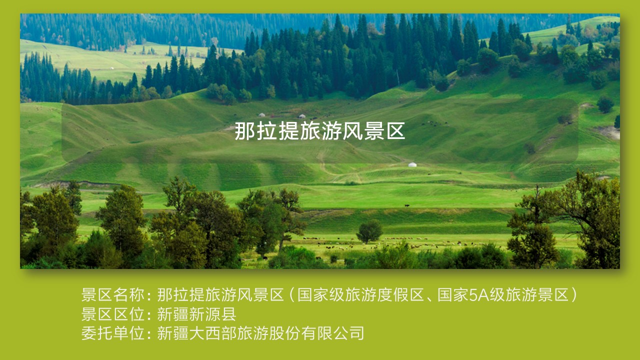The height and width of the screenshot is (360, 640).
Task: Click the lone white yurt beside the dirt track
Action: pyautogui.click(x=412, y=164)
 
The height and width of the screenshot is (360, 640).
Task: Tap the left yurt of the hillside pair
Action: pyautogui.click(x=261, y=115)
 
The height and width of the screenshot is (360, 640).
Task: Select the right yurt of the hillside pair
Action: pyautogui.click(x=302, y=116)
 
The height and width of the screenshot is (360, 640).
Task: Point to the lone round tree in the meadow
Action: pyautogui.click(x=369, y=231)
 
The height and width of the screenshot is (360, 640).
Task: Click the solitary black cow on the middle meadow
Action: pyautogui.click(x=406, y=205)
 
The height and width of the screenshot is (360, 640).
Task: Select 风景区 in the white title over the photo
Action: pyautogui.click(x=374, y=131)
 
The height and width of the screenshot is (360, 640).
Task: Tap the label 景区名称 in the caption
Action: pyautogui.click(x=113, y=295)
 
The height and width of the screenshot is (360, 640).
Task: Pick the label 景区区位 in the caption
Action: pyautogui.click(x=113, y=314)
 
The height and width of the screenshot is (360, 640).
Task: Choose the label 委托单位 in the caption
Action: pyautogui.click(x=113, y=333)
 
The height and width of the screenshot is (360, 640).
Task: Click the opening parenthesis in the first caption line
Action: pyautogui.click(x=291, y=295)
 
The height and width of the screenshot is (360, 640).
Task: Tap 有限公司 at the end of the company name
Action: pyautogui.click(x=332, y=333)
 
